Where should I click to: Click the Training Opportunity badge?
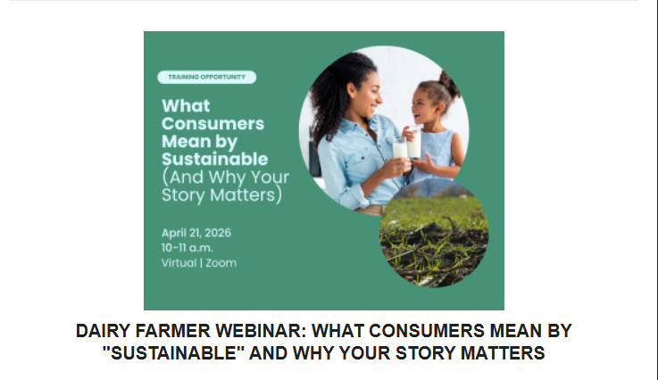(206, 78)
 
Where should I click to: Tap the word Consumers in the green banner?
(212, 124)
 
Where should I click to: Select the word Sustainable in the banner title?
(215, 160)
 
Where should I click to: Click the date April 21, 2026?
(196, 233)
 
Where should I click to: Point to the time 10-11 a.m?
(187, 248)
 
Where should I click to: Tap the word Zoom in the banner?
(221, 263)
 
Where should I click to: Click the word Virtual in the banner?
(179, 263)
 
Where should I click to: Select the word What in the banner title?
(186, 105)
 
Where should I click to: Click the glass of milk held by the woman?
(399, 148)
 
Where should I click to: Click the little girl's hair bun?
(449, 84)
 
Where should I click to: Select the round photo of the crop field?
(434, 233)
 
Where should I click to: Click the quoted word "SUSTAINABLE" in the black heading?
(174, 352)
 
